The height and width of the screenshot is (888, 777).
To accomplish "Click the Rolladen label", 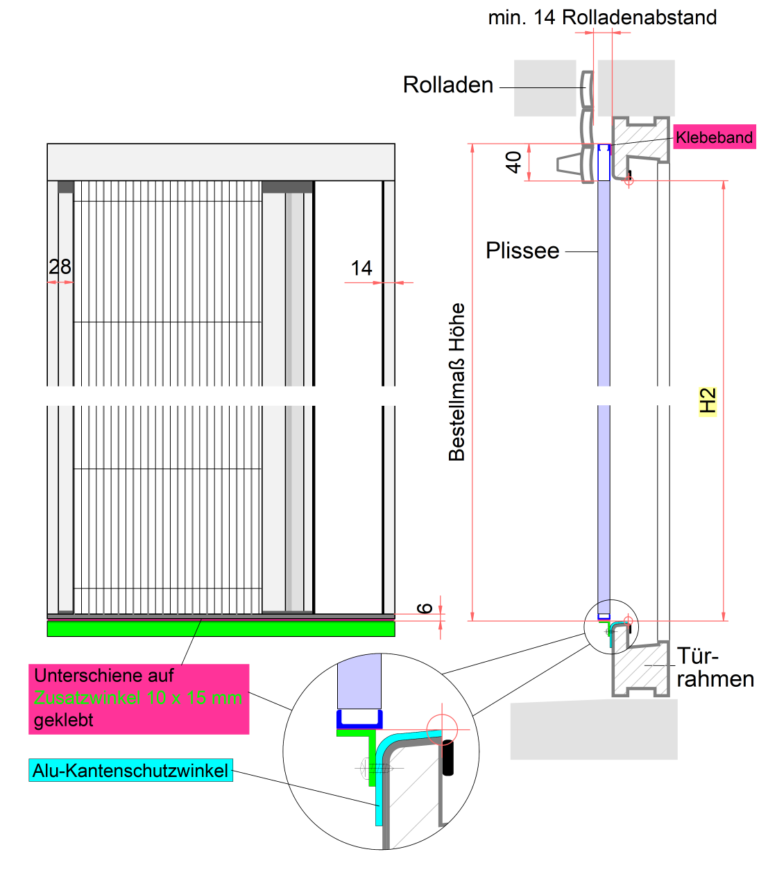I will pos(448,85).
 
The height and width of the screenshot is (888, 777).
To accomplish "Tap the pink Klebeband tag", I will pos(714,137).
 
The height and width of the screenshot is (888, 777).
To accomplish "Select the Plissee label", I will pos(522,250).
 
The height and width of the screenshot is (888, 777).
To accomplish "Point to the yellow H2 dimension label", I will pos(708,401).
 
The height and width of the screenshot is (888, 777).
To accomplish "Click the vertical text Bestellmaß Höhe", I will pos(456,382).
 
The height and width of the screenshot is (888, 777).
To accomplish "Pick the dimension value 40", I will pos(513,162).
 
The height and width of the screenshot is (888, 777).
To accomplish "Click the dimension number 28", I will pos(60,266).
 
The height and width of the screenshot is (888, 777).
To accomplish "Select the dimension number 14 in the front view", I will pos(361,268).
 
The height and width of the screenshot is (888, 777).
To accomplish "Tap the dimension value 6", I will pos(425,608).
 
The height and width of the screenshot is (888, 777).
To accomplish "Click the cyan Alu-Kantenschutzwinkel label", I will pos(130,771).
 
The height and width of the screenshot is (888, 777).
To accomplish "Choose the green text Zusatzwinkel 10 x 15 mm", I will pos(138,698).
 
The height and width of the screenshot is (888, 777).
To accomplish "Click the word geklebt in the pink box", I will pos(63,720).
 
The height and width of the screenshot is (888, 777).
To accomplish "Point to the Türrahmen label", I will pos(715,667).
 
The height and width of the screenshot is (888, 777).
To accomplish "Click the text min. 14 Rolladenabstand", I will pos(602,17).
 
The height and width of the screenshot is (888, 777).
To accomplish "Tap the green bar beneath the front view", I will pos(221,629).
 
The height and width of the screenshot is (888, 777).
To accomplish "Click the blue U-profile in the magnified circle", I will pos(359,719).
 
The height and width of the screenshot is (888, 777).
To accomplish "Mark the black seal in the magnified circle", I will pos(448,758).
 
